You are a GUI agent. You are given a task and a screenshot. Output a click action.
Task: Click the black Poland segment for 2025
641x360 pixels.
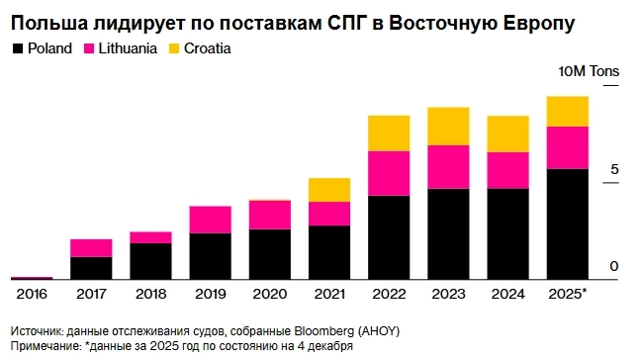tap(568, 225)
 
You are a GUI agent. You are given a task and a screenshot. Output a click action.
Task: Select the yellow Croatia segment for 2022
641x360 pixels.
tap(389, 134)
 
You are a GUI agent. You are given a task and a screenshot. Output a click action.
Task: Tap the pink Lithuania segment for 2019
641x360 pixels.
tap(210, 220)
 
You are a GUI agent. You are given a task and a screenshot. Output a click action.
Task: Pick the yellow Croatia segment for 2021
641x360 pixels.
tap(329, 190)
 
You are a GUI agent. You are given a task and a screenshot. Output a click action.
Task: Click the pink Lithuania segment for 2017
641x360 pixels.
tap(91, 248)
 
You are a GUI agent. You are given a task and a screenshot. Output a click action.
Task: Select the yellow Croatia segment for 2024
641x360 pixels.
tap(507, 135)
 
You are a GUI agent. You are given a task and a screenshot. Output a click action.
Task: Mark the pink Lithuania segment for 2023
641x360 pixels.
tap(448, 167)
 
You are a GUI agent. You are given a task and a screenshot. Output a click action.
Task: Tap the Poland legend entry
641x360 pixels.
tap(43, 47)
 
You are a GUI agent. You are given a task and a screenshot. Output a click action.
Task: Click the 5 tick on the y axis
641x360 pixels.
tap(613, 169)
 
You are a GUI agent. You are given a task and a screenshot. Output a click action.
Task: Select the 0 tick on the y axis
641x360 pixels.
tap(613, 266)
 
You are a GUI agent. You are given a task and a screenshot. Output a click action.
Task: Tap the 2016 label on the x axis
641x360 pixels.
tap(32, 294)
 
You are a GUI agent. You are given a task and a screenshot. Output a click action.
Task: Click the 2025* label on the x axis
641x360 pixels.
tap(568, 294)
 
